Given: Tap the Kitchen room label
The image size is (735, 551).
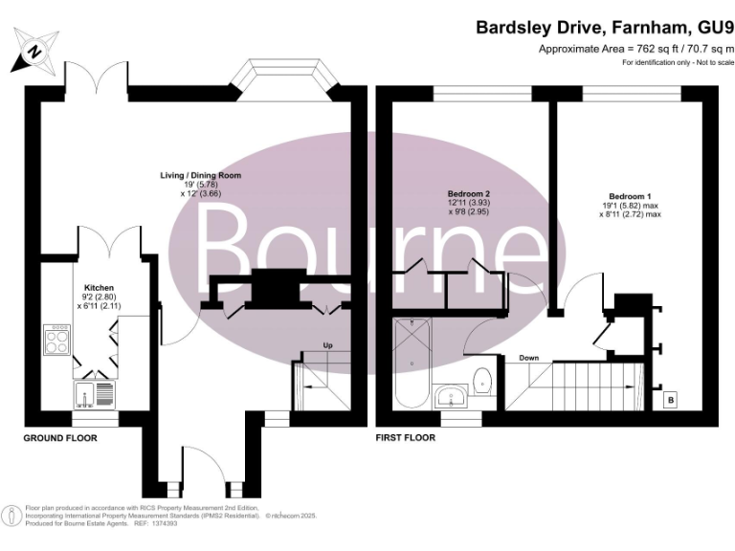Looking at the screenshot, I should click(x=100, y=286).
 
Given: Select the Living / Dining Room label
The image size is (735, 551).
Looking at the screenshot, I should click(x=201, y=176).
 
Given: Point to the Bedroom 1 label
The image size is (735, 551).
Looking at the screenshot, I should click(x=627, y=195).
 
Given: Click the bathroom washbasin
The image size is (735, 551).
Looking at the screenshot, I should click(x=450, y=395).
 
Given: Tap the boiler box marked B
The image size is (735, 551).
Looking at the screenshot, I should click(x=670, y=399).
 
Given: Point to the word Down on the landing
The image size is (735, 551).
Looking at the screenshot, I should click(x=529, y=357).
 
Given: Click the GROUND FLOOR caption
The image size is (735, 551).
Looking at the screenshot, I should click(x=60, y=437).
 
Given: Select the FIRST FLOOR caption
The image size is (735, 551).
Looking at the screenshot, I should click(x=406, y=437).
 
